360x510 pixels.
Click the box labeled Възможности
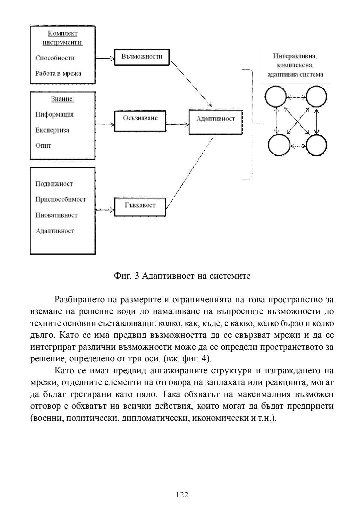[x=142, y=57]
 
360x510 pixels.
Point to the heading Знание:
[x=62, y=99]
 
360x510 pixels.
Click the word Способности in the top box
[x=55, y=58]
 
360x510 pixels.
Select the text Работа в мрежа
[x=58, y=73]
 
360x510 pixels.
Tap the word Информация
[x=54, y=114]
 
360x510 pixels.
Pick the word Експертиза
[x=52, y=130]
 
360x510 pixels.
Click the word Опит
[x=43, y=146]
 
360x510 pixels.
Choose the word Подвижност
[x=54, y=184]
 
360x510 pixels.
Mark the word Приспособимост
[x=60, y=199]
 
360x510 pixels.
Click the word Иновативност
[x=56, y=215]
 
